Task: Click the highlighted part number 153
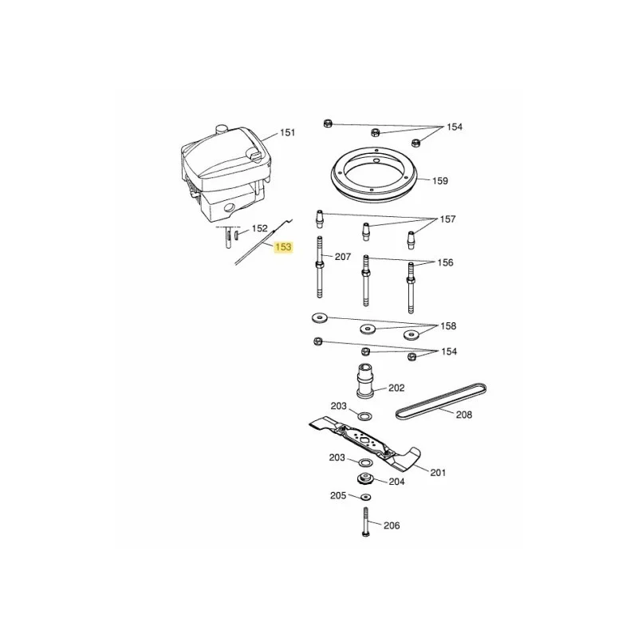tap(284, 247)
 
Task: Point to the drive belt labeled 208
tap(441, 402)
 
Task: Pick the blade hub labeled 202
tap(365, 380)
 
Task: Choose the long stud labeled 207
tap(320, 266)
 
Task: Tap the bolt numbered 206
tap(365, 522)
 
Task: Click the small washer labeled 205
tap(366, 497)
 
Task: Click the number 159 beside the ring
tap(440, 181)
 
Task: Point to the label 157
tap(447, 219)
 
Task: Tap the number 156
tap(445, 262)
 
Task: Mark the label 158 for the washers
tap(448, 326)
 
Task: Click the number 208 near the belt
tap(464, 415)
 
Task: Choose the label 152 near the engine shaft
tap(260, 229)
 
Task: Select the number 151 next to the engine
tap(287, 132)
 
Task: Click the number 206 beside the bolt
tap(392, 526)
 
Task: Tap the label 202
tap(396, 388)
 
